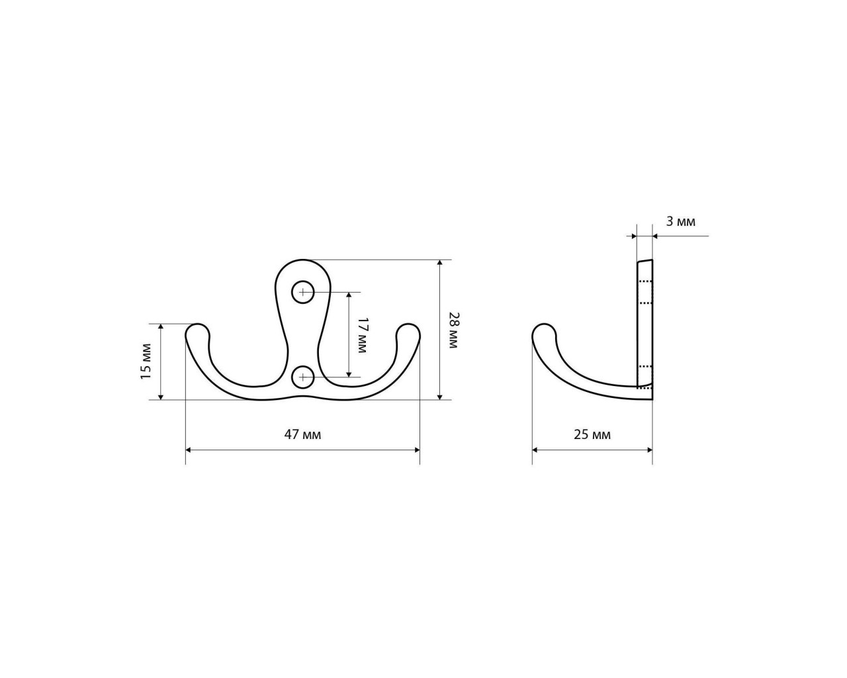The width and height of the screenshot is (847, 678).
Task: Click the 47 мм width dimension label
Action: pyautogui.click(x=302, y=435)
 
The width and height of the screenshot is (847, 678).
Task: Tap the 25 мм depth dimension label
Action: pyautogui.click(x=592, y=435)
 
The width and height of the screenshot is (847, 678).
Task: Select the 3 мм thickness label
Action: pyautogui.click(x=680, y=222)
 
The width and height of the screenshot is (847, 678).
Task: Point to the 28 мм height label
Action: pyautogui.click(x=453, y=330)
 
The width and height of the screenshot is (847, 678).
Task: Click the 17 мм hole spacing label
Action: pyautogui.click(x=362, y=335)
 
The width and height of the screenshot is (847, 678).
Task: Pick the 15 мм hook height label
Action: pyautogui.click(x=146, y=362)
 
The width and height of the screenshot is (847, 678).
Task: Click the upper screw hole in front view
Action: pyautogui.click(x=302, y=292)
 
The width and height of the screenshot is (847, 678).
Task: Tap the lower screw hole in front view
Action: pyautogui.click(x=302, y=377)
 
